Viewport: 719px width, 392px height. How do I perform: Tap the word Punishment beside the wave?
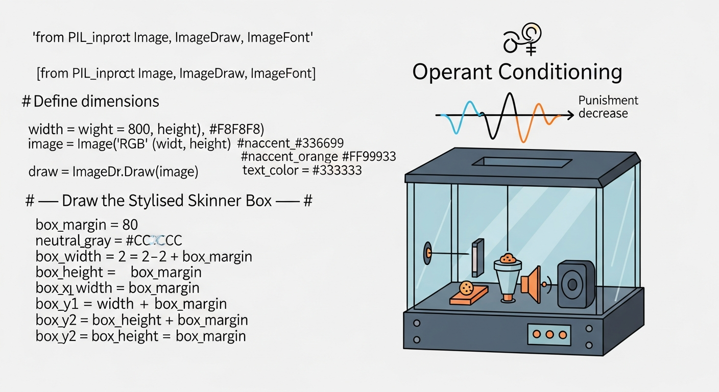tap(608, 101)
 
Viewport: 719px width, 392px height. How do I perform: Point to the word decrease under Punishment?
tap(603, 113)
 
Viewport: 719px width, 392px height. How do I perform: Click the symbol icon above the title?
tap(521, 39)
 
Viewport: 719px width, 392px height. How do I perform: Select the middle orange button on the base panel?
tap(549, 334)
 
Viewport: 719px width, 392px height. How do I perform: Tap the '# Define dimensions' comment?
tap(90, 101)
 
